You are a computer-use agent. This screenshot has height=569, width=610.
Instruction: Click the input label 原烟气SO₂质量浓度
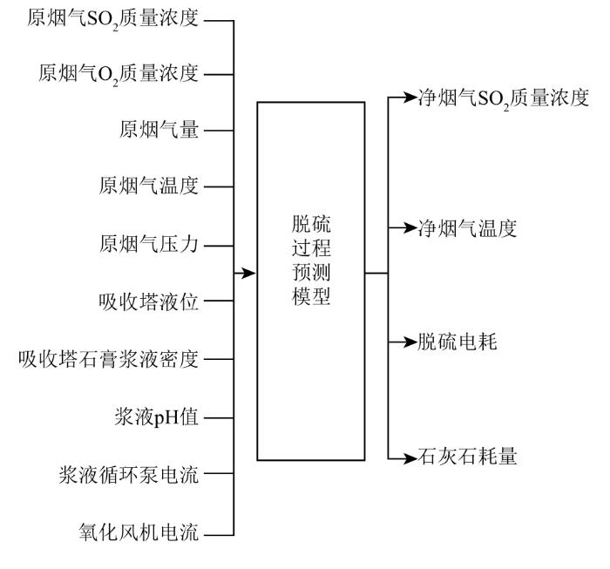coord(112,18)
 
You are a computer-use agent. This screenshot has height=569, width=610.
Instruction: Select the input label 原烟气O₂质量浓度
coord(119,74)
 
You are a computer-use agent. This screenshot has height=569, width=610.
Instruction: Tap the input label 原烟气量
coord(159,130)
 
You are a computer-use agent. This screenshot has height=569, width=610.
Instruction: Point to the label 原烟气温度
coord(149,186)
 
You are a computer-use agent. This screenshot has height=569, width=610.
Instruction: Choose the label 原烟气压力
coord(149,245)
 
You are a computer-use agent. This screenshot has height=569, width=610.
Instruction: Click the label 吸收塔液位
coord(149,301)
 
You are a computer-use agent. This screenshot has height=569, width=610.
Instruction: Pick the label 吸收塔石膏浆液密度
coord(109,359)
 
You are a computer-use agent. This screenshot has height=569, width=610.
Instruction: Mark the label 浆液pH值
coord(156,417)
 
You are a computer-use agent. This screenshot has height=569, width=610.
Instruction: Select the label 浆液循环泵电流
coord(129,475)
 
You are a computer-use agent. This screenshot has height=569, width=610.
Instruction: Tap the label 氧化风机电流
coord(139,532)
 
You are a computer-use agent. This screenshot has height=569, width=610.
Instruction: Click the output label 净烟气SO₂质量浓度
coord(504,98)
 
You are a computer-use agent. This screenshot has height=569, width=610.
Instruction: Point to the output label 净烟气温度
coord(467,228)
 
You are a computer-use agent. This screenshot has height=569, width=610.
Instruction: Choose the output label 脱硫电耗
coord(457,342)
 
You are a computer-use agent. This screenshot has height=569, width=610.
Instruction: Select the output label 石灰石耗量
coord(467,456)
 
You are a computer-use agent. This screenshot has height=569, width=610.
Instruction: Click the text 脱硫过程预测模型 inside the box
coord(311,260)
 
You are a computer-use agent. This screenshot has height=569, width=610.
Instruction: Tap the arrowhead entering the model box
coord(248,273)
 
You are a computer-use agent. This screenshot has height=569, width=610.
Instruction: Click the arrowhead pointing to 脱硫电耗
coord(410,342)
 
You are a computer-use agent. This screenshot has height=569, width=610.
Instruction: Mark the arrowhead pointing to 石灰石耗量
coord(410,458)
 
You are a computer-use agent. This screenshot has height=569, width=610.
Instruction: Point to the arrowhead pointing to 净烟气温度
coord(410,228)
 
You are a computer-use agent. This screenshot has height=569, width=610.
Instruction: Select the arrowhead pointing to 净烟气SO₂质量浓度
coord(410,98)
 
